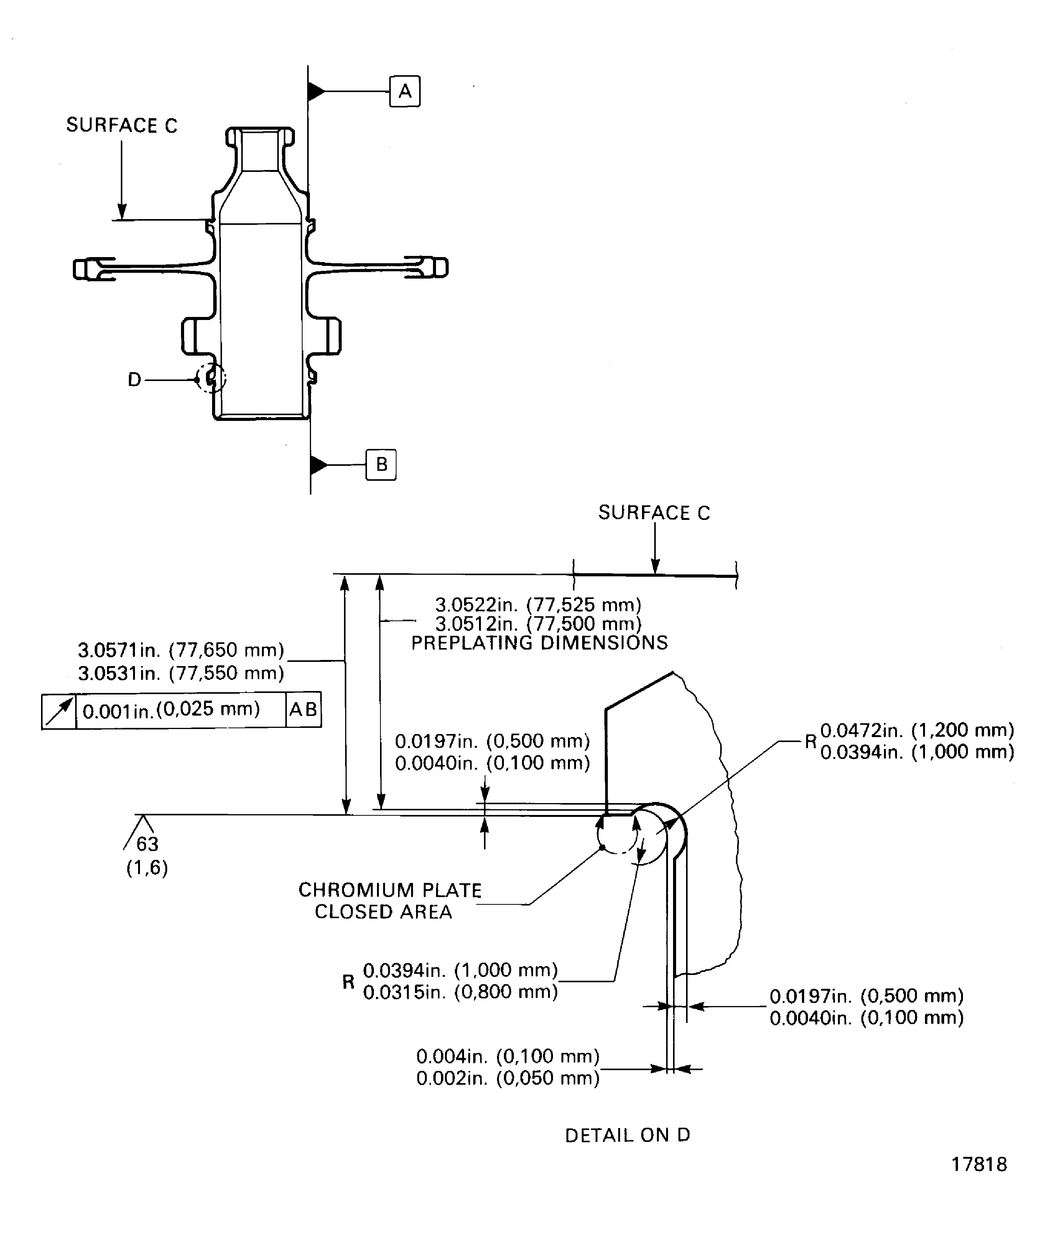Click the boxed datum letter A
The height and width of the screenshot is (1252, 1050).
tap(405, 91)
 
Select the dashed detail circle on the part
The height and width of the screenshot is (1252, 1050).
tap(212, 378)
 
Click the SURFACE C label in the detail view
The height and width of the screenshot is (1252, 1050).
tap(654, 513)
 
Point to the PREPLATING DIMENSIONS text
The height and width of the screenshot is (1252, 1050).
tap(539, 643)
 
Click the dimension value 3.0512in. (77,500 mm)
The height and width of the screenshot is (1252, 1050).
tap(538, 624)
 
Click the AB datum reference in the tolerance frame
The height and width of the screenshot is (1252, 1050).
tap(303, 709)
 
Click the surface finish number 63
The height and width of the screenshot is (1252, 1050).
tap(147, 844)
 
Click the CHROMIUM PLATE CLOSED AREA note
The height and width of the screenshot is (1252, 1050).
tap(389, 900)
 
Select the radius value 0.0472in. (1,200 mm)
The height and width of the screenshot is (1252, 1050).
tap(917, 730)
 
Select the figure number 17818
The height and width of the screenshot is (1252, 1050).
tap(979, 1181)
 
